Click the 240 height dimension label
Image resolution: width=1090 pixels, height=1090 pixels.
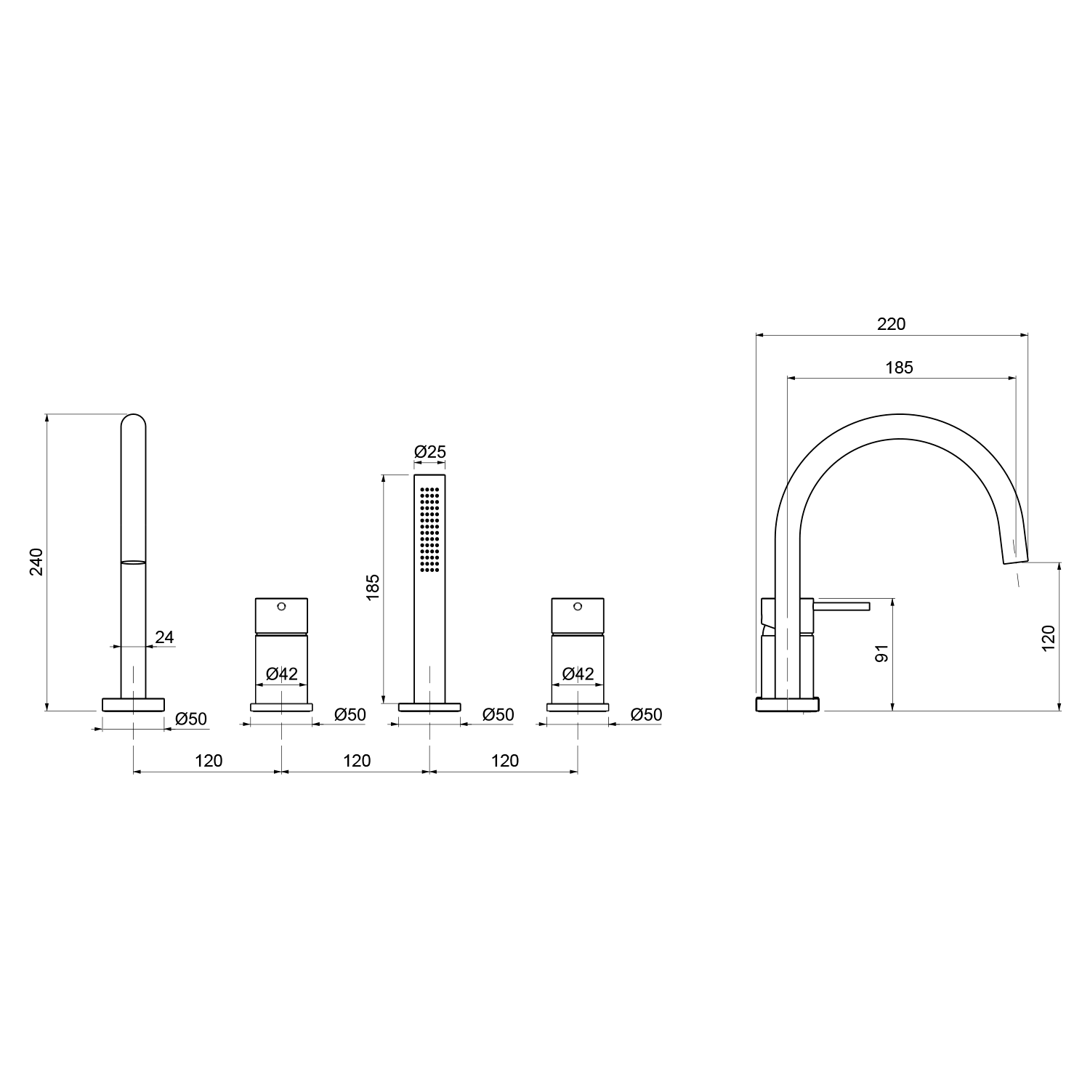(37, 561)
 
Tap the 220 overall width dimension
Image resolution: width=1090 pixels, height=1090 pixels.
(892, 324)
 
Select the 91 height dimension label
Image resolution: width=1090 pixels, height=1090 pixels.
(882, 653)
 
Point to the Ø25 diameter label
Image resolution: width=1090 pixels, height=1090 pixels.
(430, 452)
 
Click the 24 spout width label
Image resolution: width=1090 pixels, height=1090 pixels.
(165, 637)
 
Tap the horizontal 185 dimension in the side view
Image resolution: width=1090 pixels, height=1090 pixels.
(899, 368)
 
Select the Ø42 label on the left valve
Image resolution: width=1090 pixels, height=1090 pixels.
(282, 674)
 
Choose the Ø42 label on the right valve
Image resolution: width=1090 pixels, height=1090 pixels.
(578, 674)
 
